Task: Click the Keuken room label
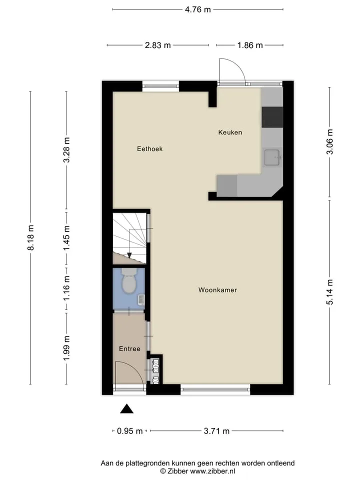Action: coord(230,132)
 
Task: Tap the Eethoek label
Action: coord(149,149)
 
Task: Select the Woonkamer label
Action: coord(217,290)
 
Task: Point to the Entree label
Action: coord(129,348)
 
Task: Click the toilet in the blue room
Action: coord(129,280)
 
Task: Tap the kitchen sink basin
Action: coord(272,157)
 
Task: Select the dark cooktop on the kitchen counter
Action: coord(272,117)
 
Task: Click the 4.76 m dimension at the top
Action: coord(198,9)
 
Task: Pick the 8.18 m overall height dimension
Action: coord(30,237)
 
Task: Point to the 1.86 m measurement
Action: coord(250,45)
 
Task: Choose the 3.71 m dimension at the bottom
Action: coord(216,431)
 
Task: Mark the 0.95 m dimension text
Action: coord(130,431)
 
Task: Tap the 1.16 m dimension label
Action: coord(66,288)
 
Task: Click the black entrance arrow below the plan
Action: coord(126,408)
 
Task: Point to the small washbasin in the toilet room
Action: coord(141,299)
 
